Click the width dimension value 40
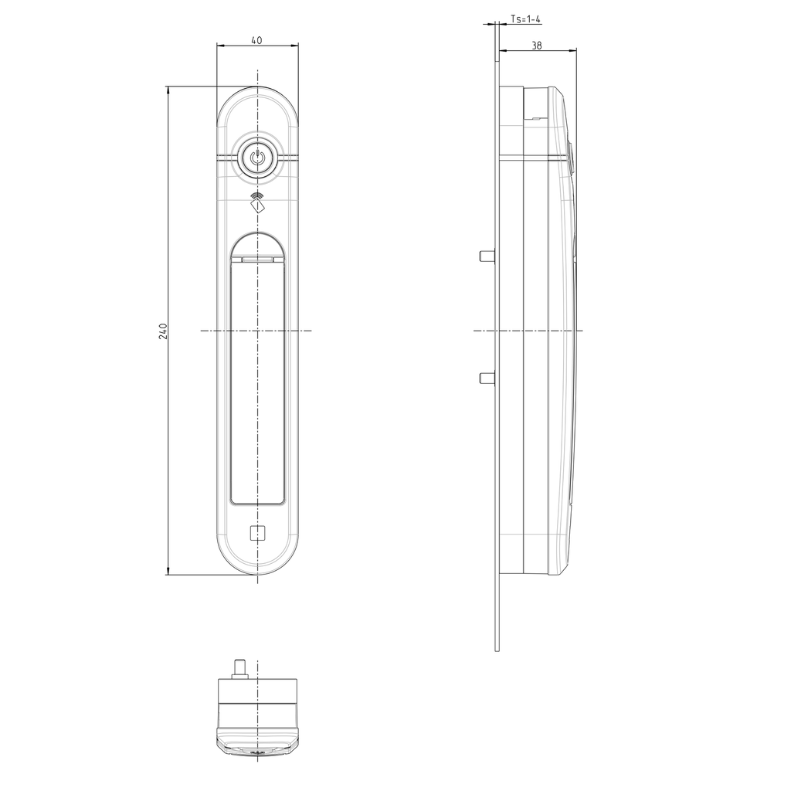pos(257,40)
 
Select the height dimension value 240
pos(163,331)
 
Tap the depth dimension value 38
pos(537,46)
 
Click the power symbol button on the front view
pos(257,159)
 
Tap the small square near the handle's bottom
pos(257,532)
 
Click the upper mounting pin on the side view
pos(487,256)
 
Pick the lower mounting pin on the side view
pos(487,377)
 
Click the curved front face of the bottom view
pos(257,748)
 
